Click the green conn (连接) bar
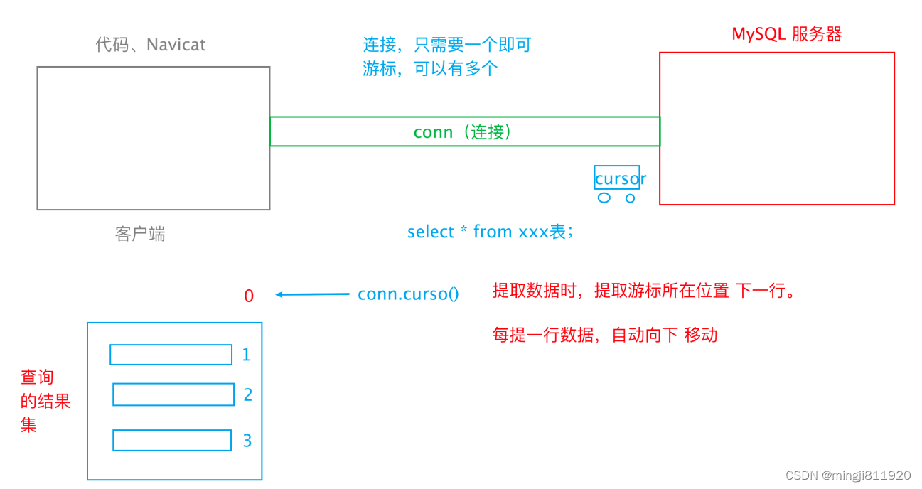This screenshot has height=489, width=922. [x=464, y=132]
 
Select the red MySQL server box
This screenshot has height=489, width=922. [x=776, y=129]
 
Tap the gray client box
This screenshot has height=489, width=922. [x=154, y=138]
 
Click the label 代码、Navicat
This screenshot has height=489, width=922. [x=151, y=45]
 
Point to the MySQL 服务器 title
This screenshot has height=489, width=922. [x=787, y=34]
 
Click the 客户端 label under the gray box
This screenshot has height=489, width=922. [x=140, y=234]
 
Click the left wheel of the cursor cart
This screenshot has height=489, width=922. [x=604, y=198]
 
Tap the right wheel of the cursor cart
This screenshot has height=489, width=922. [x=630, y=198]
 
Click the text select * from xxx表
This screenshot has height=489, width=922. [x=490, y=232]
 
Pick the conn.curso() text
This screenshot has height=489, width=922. [x=408, y=294]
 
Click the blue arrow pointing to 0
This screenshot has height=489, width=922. [x=312, y=294]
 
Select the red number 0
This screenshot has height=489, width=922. [x=249, y=296]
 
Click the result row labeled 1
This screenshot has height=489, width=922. [x=171, y=355]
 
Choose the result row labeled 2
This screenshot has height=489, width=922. [x=173, y=394]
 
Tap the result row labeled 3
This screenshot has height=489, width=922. [x=172, y=440]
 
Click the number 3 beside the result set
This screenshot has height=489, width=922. [x=247, y=441]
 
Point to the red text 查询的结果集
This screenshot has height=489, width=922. [x=44, y=401]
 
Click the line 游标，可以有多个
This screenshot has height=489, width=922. [x=430, y=69]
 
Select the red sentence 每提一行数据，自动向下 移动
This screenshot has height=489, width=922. [x=605, y=335]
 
